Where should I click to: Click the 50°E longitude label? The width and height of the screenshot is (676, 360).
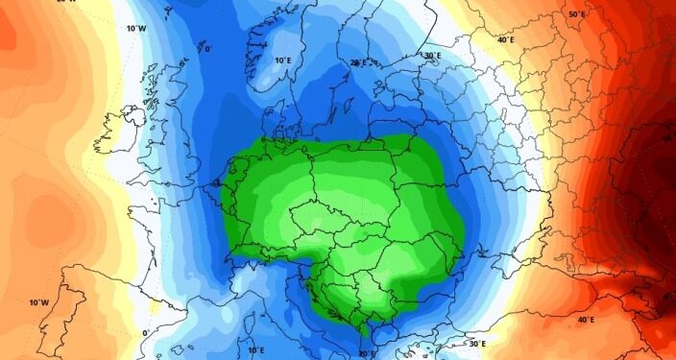(x=576, y=14)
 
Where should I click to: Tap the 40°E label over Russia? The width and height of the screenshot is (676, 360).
(x=505, y=39)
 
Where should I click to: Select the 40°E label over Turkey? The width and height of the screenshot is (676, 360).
(x=586, y=319)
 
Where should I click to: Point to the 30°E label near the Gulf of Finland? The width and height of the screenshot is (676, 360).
(x=432, y=56)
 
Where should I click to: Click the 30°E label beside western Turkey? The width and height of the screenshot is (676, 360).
(x=477, y=343)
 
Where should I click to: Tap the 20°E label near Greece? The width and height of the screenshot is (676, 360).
(x=366, y=353)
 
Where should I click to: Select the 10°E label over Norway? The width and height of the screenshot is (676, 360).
(x=282, y=60)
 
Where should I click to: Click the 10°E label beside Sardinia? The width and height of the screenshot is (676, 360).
(x=254, y=350)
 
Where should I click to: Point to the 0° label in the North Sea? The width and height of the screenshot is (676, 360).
(x=208, y=48)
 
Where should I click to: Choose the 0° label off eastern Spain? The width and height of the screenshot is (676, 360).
(x=146, y=333)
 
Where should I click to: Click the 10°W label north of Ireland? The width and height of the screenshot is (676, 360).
(x=135, y=28)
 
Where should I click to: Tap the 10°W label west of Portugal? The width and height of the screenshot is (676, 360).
(x=37, y=302)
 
